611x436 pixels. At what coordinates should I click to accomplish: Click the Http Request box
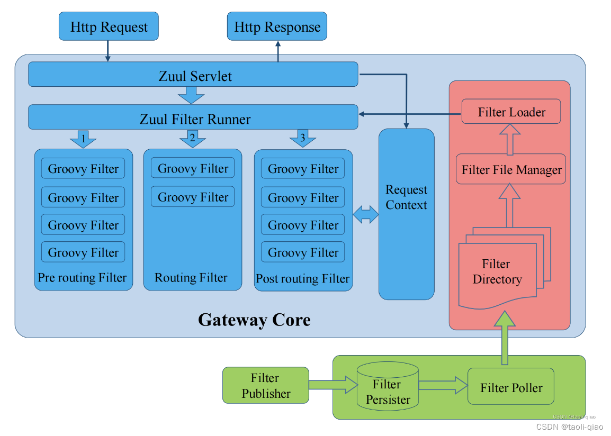tap(109, 26)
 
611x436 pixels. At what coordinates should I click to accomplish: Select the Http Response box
tap(277, 26)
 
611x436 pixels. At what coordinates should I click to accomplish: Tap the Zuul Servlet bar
tap(193, 75)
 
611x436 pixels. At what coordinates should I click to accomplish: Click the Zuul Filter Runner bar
tap(193, 117)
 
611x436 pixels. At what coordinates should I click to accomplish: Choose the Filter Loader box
tap(511, 112)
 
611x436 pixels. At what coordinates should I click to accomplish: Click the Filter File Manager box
tap(511, 169)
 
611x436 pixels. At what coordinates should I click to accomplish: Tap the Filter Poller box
tap(511, 388)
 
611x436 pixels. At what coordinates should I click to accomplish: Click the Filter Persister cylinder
tap(388, 392)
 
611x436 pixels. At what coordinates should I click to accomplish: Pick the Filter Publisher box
tap(265, 385)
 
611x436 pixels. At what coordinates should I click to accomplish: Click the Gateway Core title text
tap(254, 320)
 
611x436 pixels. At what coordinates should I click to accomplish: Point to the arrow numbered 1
tap(83, 140)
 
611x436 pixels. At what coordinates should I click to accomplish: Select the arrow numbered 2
tap(192, 140)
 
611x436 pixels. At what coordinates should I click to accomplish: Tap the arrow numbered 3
tap(302, 140)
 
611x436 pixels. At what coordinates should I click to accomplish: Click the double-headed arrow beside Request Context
tap(366, 214)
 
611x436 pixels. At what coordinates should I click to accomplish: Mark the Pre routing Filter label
tap(83, 278)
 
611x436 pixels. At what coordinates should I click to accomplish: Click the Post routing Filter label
tap(303, 279)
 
